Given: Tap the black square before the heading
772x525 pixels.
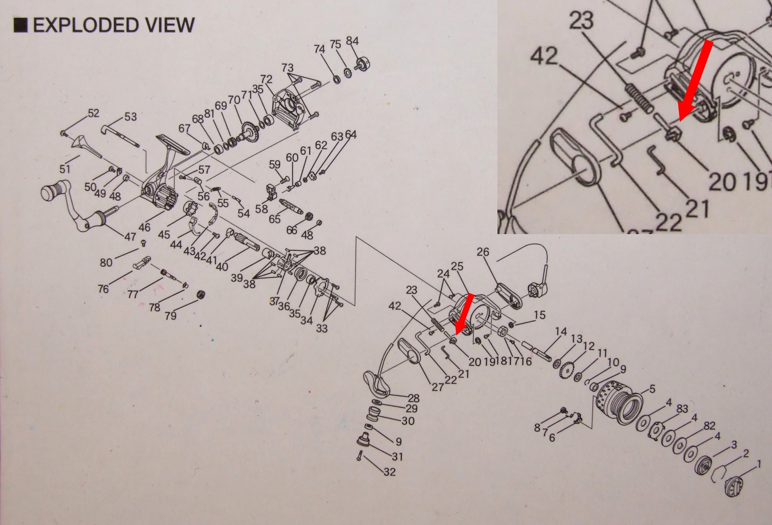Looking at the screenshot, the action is pos(20,26).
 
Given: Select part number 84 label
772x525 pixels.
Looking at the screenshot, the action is pos(352,41).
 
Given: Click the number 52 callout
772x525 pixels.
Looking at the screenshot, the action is pos(93,113).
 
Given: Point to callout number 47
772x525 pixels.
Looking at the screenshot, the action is pos(130,237).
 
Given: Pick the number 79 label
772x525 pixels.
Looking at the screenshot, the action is pos(171,316).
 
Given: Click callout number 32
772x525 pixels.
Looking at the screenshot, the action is pos(389,472).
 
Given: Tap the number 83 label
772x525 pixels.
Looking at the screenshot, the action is pos(682,409).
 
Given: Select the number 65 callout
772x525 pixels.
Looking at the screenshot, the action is pos(275,219).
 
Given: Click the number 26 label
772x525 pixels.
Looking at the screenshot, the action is pos(483,252).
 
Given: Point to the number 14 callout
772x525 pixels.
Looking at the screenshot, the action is pos(561,332).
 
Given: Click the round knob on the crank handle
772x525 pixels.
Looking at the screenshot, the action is pos(51,193).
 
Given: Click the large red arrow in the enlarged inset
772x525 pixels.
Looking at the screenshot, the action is pos(693,81).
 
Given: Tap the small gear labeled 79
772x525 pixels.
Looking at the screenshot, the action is pos(198,295).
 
